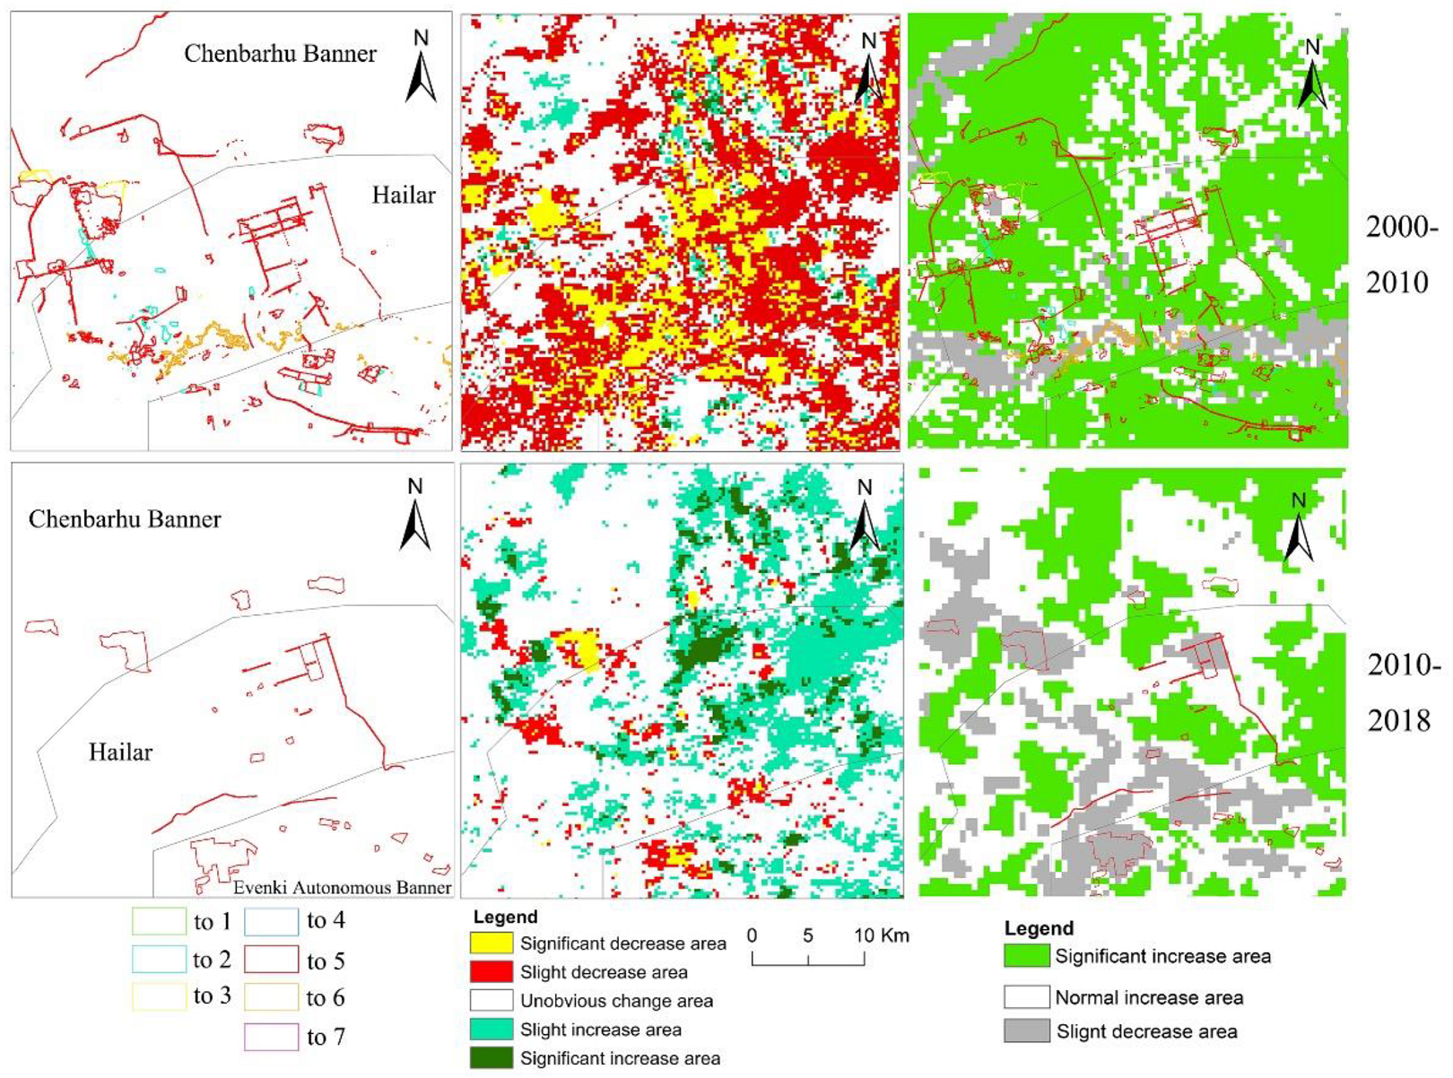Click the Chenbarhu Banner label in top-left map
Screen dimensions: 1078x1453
pyautogui.click(x=280, y=54)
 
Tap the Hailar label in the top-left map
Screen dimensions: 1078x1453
pyautogui.click(x=404, y=196)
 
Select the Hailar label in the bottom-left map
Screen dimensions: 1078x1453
pyautogui.click(x=120, y=752)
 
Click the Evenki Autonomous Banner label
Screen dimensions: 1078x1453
pyautogui.click(x=342, y=887)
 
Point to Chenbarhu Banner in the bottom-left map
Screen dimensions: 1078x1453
pyautogui.click(x=125, y=519)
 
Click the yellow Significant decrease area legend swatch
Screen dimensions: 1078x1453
pyautogui.click(x=492, y=943)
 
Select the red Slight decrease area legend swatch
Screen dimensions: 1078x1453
pyautogui.click(x=492, y=972)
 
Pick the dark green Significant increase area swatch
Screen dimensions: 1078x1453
pyautogui.click(x=492, y=1058)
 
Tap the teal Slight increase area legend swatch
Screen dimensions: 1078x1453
pyautogui.click(x=492, y=1030)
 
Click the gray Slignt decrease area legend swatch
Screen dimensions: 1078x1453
pyautogui.click(x=1026, y=1031)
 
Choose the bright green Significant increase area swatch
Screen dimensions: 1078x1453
pyautogui.click(x=1026, y=956)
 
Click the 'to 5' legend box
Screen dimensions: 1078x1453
pyautogui.click(x=271, y=961)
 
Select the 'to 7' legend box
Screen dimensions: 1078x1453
pyautogui.click(x=271, y=1037)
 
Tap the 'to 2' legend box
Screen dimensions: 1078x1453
pyautogui.click(x=158, y=960)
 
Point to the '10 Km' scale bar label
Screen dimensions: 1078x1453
pyautogui.click(x=881, y=935)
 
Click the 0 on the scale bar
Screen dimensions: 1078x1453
pyautogui.click(x=752, y=935)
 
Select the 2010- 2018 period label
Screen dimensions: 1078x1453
pyautogui.click(x=1404, y=692)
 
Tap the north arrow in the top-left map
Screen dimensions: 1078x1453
pyautogui.click(x=421, y=66)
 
